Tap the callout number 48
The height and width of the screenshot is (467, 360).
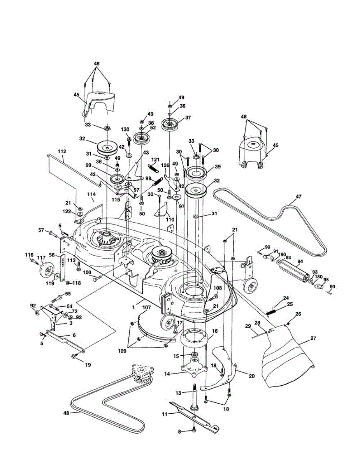click(66, 413)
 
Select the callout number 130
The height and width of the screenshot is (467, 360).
click(125, 129)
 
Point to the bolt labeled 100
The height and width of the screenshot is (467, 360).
click(97, 278)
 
